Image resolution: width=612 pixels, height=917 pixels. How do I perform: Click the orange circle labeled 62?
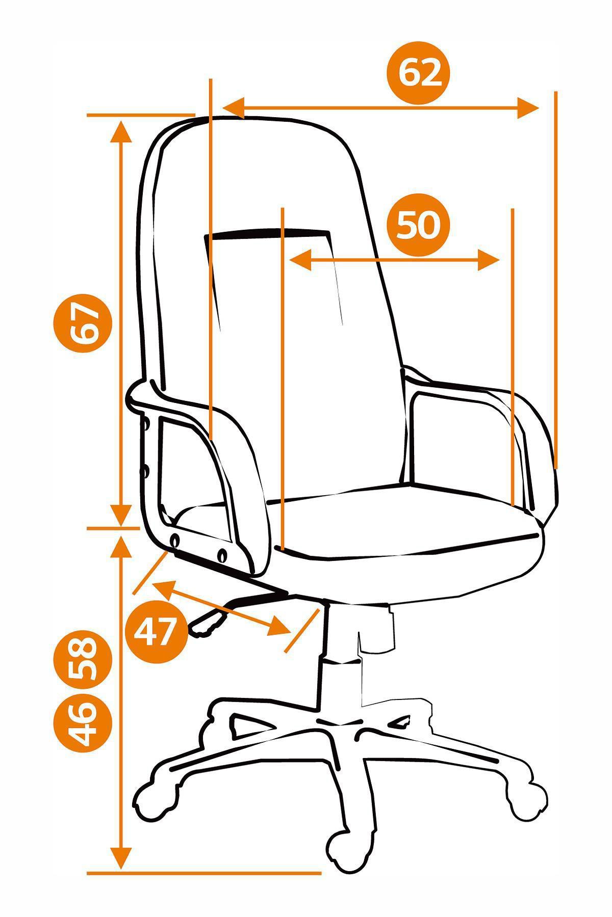419,73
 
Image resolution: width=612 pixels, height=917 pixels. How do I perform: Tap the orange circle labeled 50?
418,225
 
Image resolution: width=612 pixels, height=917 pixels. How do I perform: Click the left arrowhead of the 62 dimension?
235,108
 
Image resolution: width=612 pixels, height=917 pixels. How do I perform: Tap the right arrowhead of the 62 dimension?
528,108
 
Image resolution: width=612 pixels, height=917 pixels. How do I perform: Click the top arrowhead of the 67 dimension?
121,131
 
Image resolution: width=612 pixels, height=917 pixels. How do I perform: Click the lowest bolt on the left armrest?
223,554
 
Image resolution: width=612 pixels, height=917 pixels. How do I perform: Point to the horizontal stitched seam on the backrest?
268,234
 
